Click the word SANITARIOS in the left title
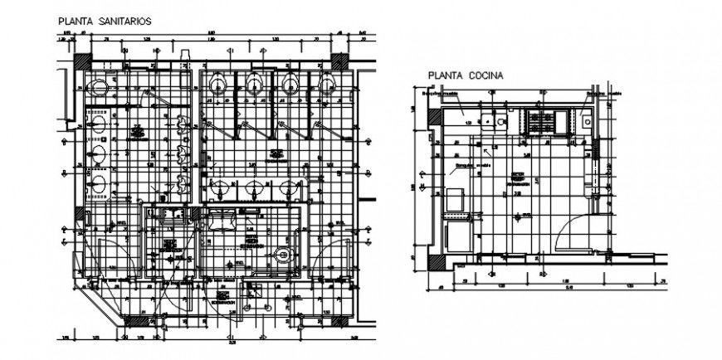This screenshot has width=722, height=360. coord(124,22)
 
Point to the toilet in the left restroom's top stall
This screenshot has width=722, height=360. coord(99,84)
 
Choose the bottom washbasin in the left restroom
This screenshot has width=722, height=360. coord(99,184)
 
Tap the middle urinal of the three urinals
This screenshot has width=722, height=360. coord(183,153)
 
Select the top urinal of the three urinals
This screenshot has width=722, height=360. coord(183,124)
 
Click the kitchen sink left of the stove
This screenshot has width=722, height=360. coord(502,123)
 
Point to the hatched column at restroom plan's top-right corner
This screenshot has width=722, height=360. coord(341,63)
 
